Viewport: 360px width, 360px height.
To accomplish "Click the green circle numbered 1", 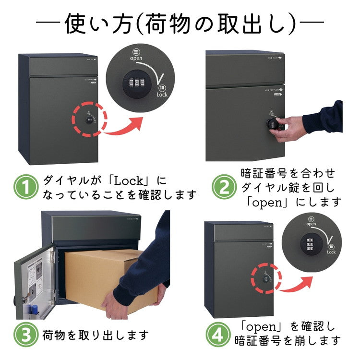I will point(26,188).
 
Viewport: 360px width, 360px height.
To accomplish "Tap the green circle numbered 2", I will point(224,188).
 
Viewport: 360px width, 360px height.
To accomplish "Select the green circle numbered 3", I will point(26,334).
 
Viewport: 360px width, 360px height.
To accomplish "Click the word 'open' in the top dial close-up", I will point(136,58).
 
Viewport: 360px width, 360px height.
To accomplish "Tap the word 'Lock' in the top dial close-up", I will point(162,95).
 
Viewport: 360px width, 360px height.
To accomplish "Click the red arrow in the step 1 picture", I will point(126,127).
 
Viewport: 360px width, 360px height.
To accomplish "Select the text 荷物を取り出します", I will point(96,335).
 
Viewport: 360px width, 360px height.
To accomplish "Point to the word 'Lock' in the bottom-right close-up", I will point(331,252).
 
